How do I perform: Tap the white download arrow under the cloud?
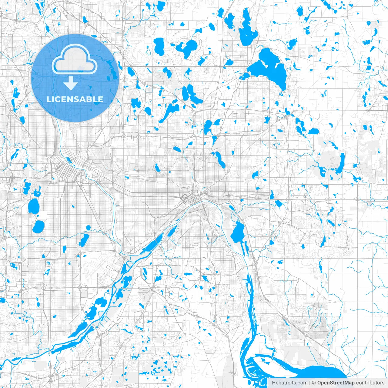coord(71,83)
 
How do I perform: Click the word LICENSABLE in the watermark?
coord(75,99)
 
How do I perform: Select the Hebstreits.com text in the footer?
coord(289,383)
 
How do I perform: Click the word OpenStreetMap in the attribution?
coord(336,383)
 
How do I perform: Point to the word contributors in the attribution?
coord(370,383)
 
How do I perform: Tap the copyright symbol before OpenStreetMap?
coord(314,383)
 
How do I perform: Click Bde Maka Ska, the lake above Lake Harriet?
coord(33,206)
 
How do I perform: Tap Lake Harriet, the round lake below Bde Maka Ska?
coord(38,226)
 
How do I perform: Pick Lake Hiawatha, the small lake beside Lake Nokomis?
coord(88,227)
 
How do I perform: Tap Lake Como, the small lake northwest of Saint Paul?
coord(157,167)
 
